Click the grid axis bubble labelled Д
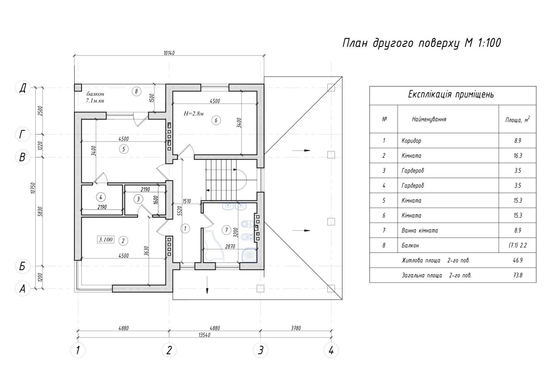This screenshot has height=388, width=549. (23, 88)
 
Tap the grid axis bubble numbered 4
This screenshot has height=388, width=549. (331, 350)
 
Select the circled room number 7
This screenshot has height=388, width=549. (226, 230)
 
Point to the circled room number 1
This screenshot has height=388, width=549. (185, 229)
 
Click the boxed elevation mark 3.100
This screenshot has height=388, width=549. (106, 239)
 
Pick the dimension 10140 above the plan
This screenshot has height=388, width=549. (169, 53)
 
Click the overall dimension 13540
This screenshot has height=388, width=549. (205, 335)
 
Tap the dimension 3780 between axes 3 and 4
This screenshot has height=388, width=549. (296, 328)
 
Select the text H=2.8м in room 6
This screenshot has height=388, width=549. (194, 114)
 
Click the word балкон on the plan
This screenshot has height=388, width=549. (95, 94)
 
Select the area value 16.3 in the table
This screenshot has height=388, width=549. (518, 156)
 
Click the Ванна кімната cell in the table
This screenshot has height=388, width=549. (420, 231)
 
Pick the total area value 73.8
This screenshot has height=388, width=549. (518, 275)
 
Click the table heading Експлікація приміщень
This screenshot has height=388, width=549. (451, 94)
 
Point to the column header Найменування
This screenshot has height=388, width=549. (429, 119)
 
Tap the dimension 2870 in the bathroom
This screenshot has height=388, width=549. (230, 247)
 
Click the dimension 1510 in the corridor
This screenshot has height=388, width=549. (187, 201)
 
